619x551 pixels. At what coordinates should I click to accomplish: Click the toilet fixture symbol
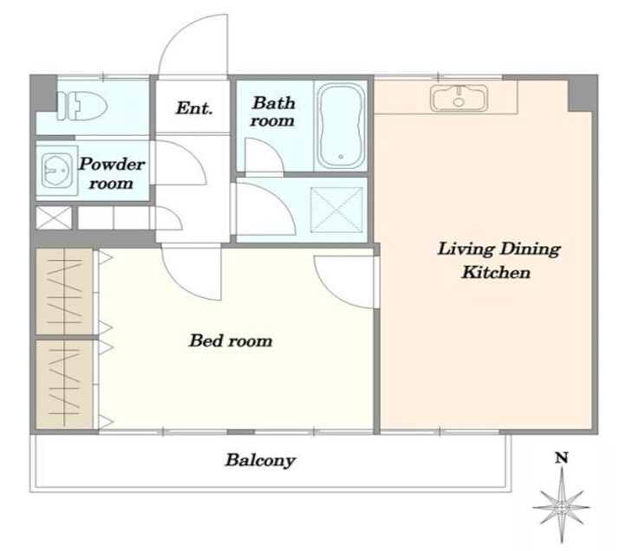click(81, 106)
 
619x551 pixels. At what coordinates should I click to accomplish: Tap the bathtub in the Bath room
click(342, 125)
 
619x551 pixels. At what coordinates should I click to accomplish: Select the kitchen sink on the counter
click(459, 97)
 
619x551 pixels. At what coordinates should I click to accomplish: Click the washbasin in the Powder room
click(57, 170)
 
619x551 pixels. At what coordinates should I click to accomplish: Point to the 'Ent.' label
click(194, 108)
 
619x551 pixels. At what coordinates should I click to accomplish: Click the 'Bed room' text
click(231, 340)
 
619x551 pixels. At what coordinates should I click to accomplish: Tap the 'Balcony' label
click(260, 460)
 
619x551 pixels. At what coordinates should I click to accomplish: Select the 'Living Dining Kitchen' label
click(498, 260)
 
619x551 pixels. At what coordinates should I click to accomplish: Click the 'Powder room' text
click(112, 173)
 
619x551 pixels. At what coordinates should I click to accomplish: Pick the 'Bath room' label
click(273, 112)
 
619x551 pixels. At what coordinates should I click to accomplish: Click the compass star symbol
click(562, 507)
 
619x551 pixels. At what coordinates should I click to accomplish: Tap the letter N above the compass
click(562, 458)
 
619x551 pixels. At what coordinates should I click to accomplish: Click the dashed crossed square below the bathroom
click(336, 210)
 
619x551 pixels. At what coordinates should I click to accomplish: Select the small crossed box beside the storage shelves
click(54, 217)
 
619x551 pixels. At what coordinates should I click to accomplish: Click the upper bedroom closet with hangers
click(64, 291)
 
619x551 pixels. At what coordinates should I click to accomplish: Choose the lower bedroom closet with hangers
click(64, 384)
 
